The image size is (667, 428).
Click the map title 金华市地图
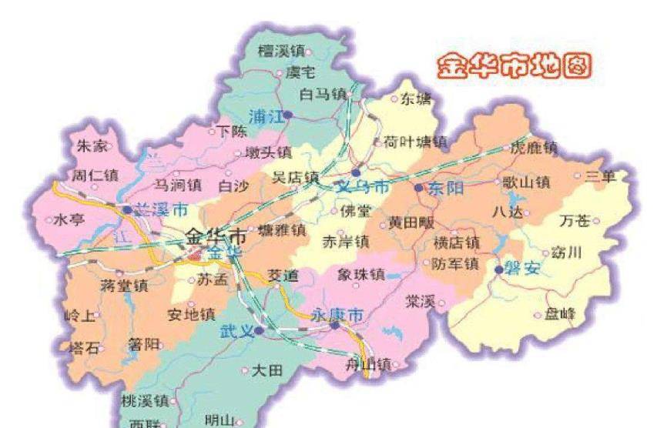pos(515,67)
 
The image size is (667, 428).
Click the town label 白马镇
pos(323,95)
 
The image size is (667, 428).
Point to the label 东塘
pos(416,99)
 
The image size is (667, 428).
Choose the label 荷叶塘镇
pos(415,142)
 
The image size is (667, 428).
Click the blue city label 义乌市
pos(363,187)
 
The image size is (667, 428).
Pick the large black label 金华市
pos(216,236)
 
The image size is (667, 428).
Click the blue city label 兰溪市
pos(161,209)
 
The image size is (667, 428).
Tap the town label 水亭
pos(69,220)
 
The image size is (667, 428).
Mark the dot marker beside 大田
pos(245,370)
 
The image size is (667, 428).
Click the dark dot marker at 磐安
pos(499,269)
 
